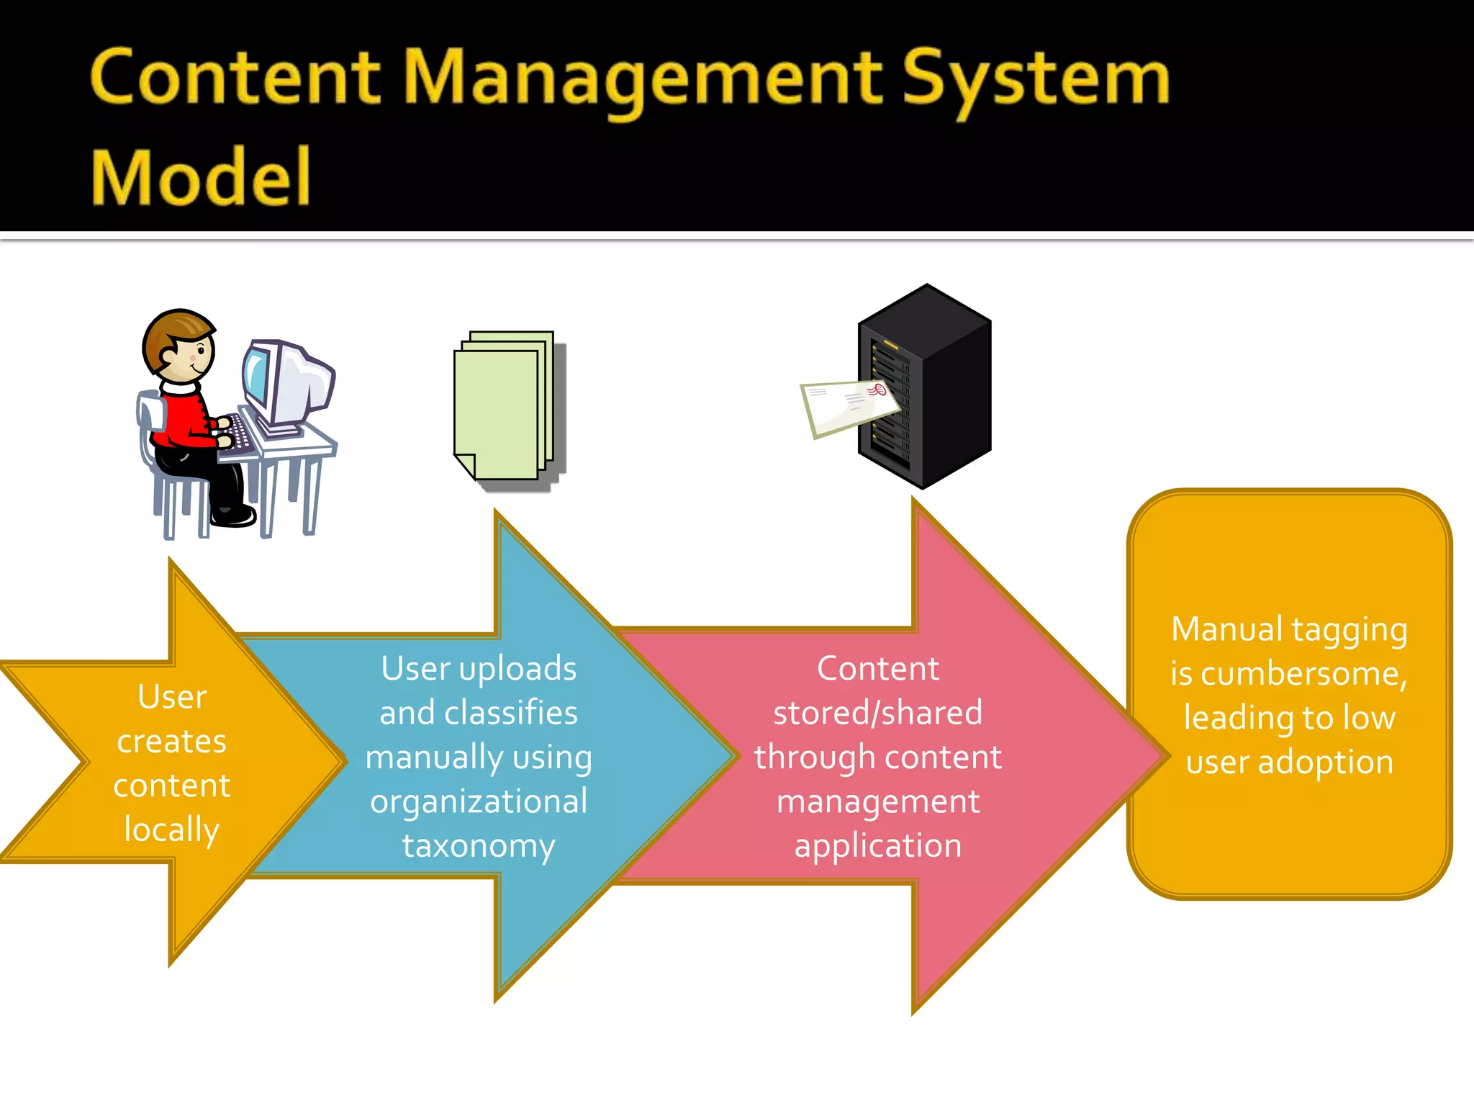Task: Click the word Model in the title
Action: (x=200, y=177)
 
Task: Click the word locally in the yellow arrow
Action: (x=171, y=829)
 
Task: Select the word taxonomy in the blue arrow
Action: (x=479, y=846)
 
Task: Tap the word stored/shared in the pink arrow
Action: (x=877, y=713)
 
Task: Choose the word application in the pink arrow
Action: (x=877, y=846)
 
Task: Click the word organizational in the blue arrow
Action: (x=479, y=802)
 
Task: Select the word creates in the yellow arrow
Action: (x=171, y=742)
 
